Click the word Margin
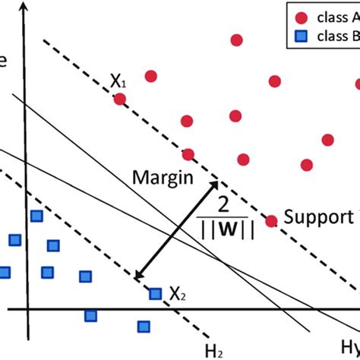click(161, 178)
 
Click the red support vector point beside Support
click(270, 221)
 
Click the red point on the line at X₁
click(119, 98)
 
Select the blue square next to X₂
click(155, 293)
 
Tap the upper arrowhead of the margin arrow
click(216, 185)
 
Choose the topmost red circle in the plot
click(237, 39)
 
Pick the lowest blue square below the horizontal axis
click(144, 327)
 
